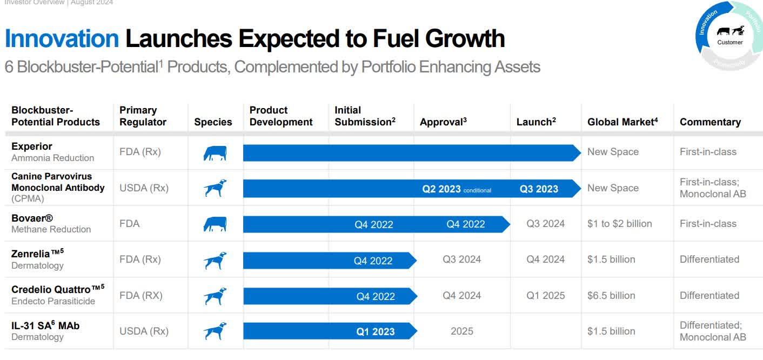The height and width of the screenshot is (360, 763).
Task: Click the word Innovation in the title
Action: pos(62,39)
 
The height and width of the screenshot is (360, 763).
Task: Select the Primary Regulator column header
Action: pos(143,116)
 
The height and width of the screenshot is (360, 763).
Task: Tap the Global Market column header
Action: pos(622,122)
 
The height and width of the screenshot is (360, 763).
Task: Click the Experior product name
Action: pos(32,146)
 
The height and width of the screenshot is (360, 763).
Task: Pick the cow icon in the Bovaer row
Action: pos(215,224)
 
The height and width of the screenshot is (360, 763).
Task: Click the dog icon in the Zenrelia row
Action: pos(215,260)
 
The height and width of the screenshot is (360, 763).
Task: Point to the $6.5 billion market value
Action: pos(611,296)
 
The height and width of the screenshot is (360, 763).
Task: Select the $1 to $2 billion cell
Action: pos(619,224)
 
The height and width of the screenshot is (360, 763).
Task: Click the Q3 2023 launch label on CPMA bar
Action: pos(539,189)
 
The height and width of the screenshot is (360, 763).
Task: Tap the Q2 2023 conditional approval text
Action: pos(456,189)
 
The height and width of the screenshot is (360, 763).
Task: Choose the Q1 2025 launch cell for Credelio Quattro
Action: pos(545,296)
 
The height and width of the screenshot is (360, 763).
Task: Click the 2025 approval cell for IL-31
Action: pos(461,331)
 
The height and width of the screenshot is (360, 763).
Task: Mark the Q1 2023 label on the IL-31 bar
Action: pos(375,332)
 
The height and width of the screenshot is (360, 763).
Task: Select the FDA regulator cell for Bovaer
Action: pos(129,224)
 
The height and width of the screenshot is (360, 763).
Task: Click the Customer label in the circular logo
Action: pos(729,42)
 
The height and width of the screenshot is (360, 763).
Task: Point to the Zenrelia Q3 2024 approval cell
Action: pos(461,259)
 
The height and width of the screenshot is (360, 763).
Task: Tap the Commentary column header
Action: pos(710,122)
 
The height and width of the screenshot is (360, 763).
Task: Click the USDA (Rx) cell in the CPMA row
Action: pos(144,188)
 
